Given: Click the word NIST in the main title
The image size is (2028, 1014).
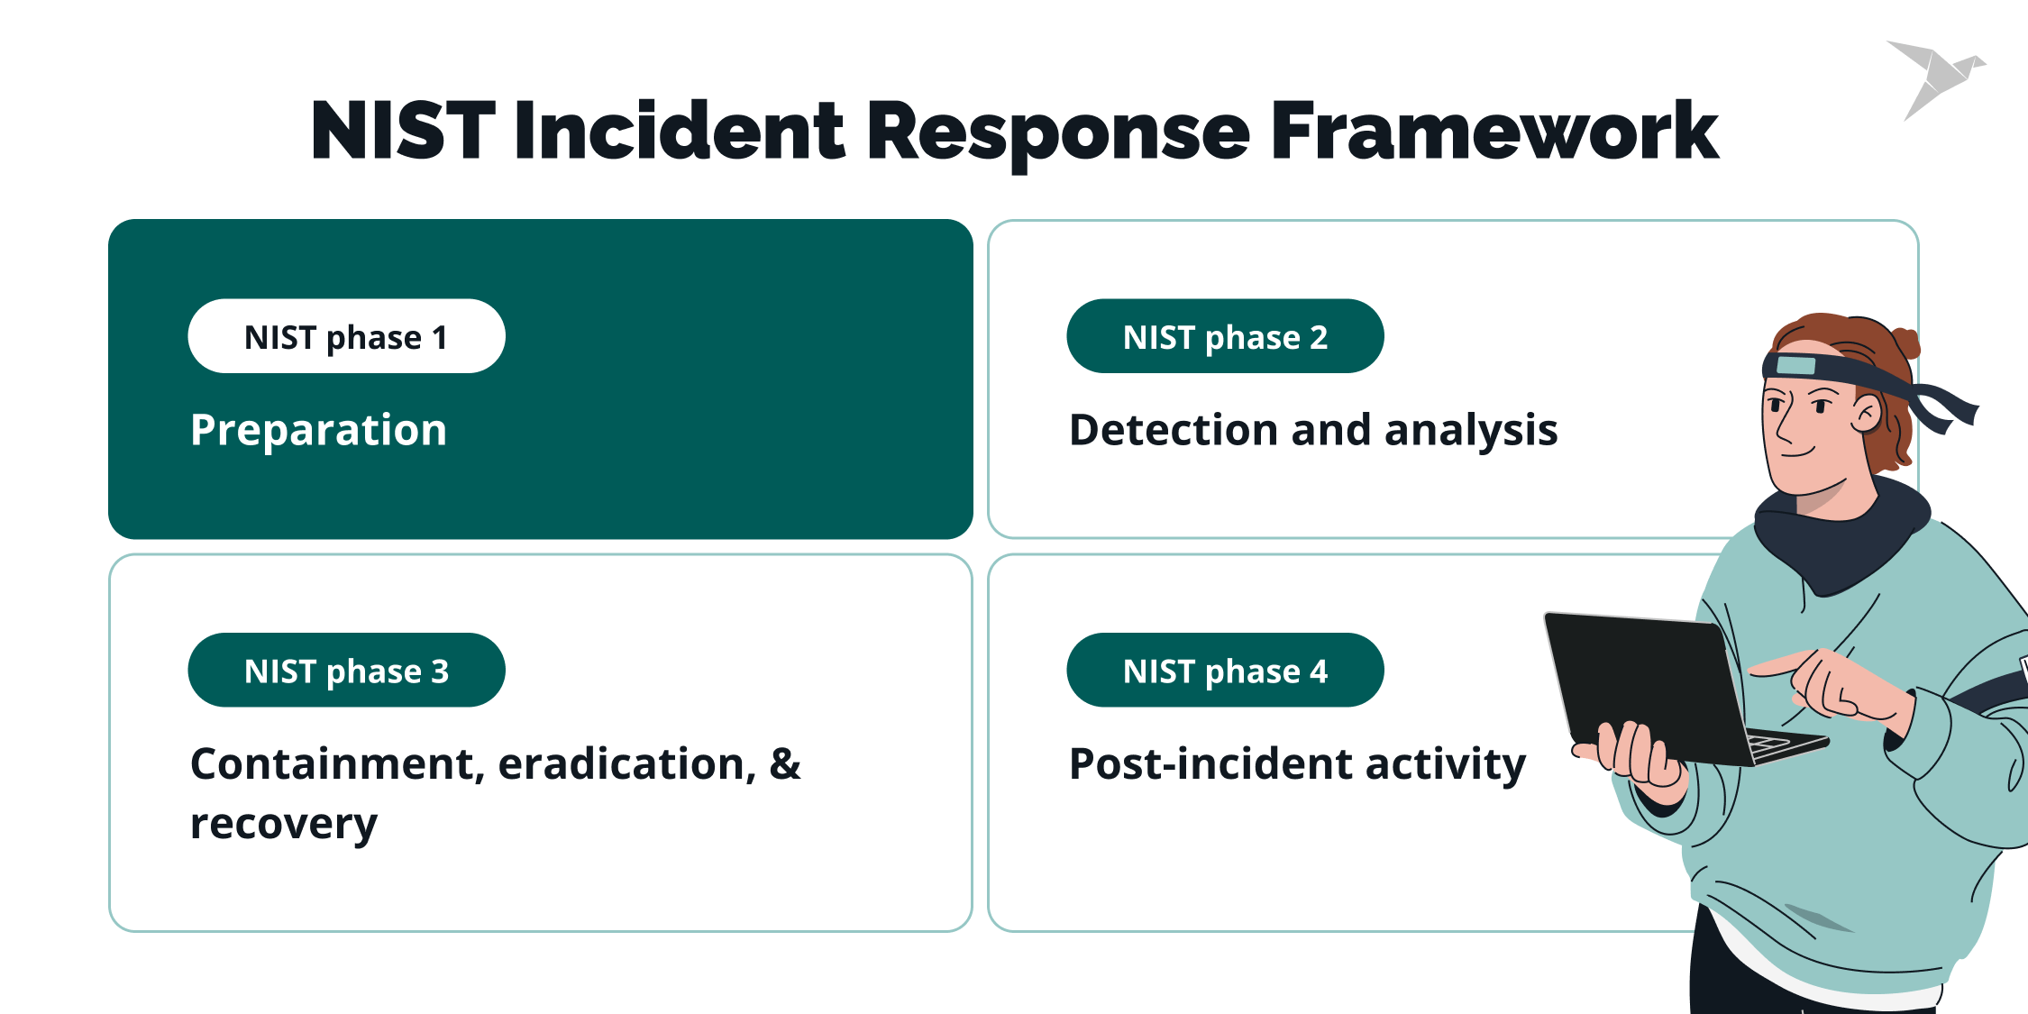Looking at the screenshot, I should (403, 132).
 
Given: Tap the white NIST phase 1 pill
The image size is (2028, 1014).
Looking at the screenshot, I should (346, 336).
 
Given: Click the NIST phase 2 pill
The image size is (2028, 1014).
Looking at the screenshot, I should (1225, 336).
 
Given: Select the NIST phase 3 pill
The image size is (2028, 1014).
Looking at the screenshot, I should (346, 671).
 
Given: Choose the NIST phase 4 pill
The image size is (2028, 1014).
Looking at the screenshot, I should (1225, 671).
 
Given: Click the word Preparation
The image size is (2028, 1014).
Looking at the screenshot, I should (318, 430).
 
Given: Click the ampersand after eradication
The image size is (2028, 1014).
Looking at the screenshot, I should (784, 764).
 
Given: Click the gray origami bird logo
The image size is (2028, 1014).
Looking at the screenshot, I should (1938, 77).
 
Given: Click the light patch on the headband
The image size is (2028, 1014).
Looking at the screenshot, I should (1795, 365).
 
